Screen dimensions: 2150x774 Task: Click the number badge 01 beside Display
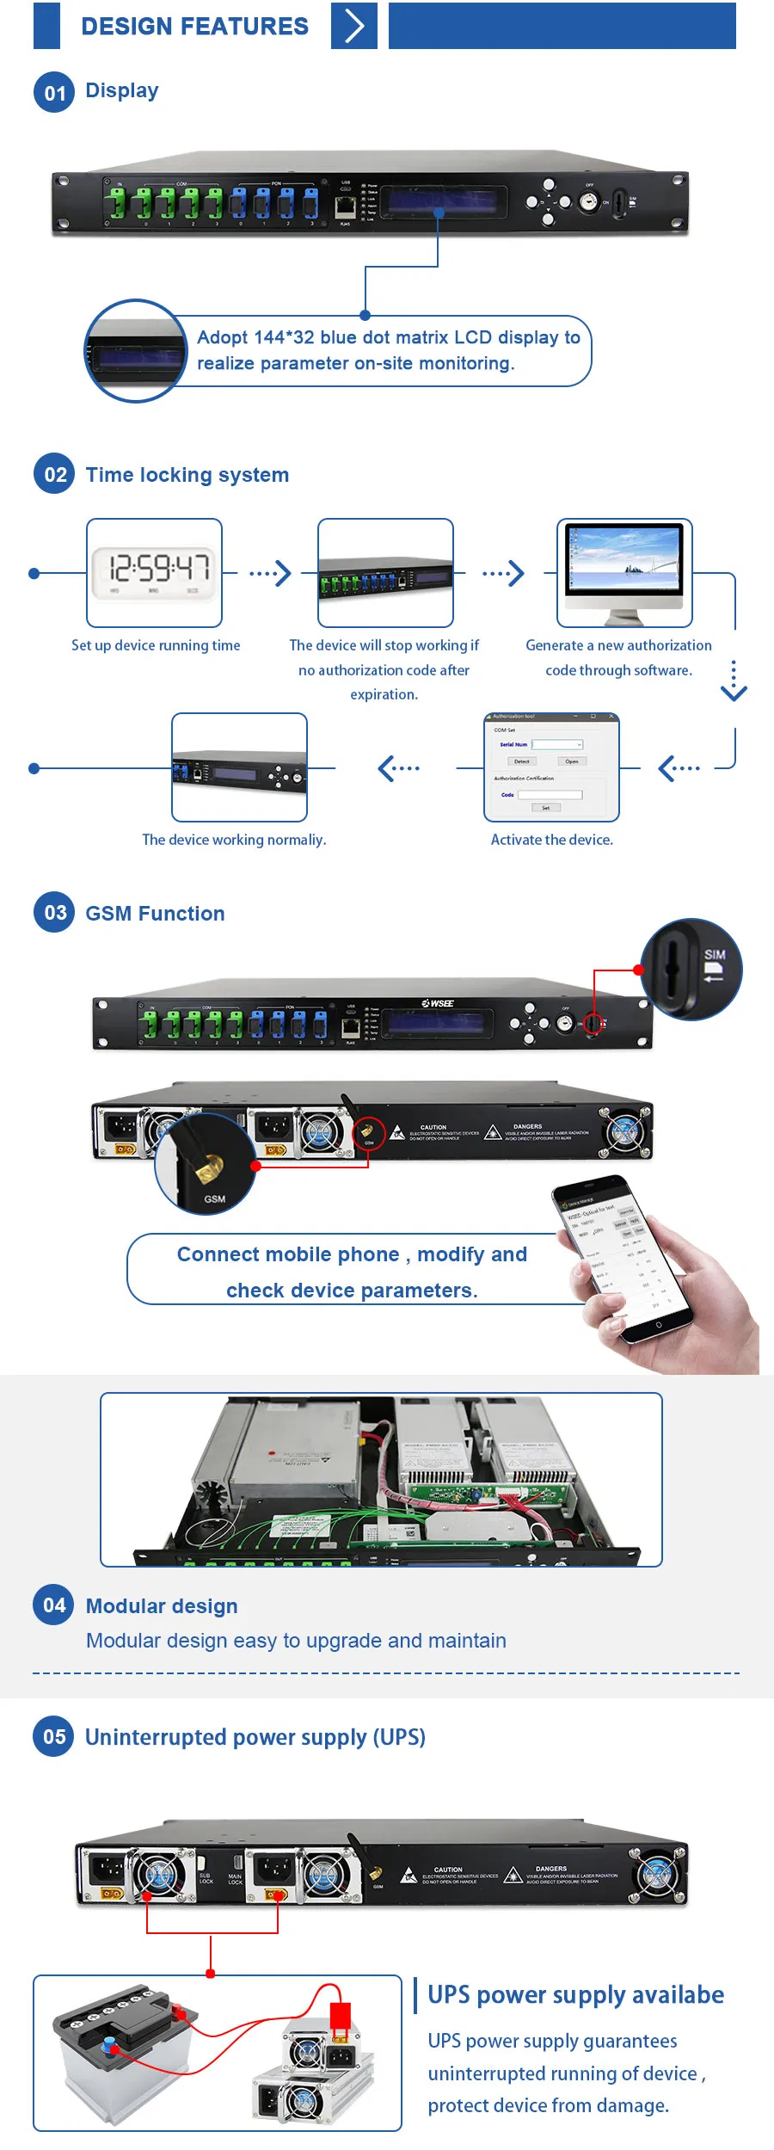coord(54,92)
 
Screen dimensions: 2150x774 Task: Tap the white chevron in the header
coord(353,26)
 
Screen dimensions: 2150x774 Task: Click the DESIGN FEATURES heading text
coord(194,26)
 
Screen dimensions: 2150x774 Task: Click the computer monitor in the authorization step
coord(623,570)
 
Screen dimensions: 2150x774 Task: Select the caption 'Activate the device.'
coord(551,840)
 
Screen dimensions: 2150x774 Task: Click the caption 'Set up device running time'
coord(156,645)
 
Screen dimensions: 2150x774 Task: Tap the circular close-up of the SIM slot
coord(691,970)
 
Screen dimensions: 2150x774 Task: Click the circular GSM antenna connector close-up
coord(206,1163)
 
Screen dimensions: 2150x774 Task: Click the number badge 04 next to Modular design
coord(54,1605)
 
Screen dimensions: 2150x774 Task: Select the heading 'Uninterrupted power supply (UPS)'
coord(255,1737)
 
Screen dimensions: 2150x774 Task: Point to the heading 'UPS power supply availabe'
coord(575,1994)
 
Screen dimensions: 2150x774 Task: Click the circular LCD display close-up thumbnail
coord(136,351)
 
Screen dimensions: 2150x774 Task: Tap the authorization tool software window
coord(551,766)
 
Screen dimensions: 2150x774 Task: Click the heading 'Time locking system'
coord(187,475)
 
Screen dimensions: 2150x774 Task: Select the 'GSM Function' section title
coord(155,914)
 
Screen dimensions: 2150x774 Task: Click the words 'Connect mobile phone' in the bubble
coord(287,1254)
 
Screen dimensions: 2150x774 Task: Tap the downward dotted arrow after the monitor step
coord(734,681)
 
